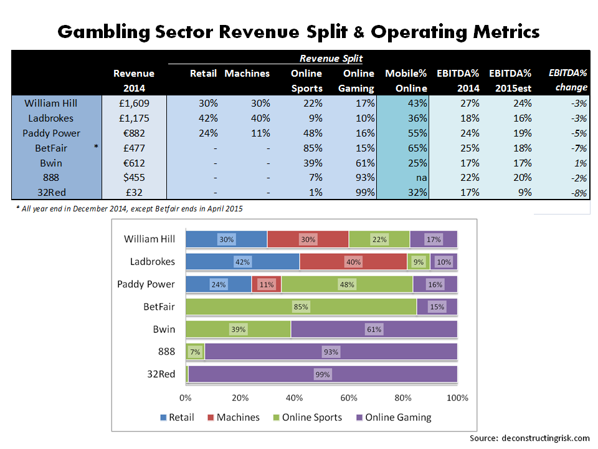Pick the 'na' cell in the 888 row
pos(421,178)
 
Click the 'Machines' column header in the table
pos(247,74)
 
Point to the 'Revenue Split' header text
pos(331,59)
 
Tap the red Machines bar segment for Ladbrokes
pos(353,262)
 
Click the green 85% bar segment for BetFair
pos(301,307)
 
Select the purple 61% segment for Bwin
pos(374,329)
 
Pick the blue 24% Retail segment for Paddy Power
pos(219,284)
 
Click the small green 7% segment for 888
pos(196,352)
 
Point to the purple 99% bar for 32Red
pos(323,374)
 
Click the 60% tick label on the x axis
pos(349,398)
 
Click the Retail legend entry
pos(175,417)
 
